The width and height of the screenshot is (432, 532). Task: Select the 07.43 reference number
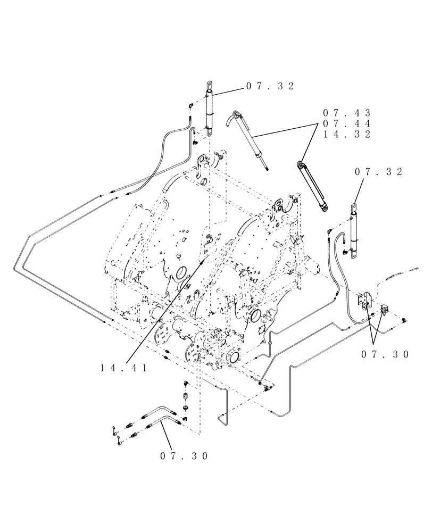pos(346,113)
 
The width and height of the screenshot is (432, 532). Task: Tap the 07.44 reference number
pos(346,123)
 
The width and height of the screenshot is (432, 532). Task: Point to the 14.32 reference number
pos(346,134)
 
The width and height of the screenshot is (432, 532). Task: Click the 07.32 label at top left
pos(270,86)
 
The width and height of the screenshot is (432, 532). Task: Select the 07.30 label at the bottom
pos(183,456)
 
